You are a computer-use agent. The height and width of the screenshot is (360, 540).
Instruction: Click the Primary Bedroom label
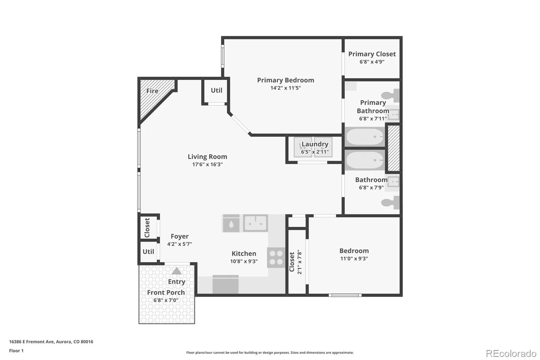(286, 80)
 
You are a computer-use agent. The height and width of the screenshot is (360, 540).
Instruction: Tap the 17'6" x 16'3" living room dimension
(207, 164)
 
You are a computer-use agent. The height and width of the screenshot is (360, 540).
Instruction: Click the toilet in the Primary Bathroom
(390, 95)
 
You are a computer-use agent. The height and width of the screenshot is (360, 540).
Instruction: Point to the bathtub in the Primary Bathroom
(364, 136)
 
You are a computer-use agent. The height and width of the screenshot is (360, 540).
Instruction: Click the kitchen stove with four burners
(276, 257)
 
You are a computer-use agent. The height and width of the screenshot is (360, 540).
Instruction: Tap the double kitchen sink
(255, 223)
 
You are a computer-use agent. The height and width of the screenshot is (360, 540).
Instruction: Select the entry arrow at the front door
(177, 271)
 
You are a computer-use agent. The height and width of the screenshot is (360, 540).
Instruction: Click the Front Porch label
(166, 292)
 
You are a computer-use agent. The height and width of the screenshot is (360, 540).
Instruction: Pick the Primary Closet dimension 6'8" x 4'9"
(372, 62)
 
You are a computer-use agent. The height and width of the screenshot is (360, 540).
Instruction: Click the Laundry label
(315, 144)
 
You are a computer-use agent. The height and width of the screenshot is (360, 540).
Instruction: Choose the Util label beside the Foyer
(148, 252)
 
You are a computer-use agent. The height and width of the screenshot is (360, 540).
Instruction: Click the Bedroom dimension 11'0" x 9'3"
(354, 259)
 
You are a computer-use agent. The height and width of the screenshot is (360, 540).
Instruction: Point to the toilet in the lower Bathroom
(390, 202)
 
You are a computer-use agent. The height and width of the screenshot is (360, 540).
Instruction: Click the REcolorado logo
(511, 354)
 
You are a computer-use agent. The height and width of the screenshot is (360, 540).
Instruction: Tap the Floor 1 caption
(16, 351)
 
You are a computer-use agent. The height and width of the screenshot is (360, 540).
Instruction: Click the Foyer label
(180, 236)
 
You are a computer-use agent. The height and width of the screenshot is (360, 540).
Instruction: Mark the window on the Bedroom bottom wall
(345, 295)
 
